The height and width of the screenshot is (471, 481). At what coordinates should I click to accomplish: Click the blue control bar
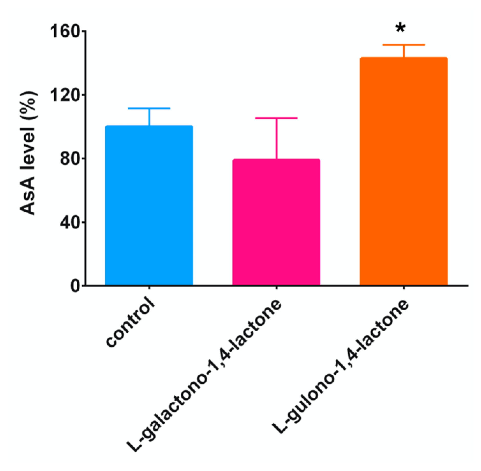click(149, 205)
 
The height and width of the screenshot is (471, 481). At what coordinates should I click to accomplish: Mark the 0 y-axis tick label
click(75, 286)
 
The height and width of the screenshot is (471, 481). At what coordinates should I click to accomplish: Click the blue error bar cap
click(149, 109)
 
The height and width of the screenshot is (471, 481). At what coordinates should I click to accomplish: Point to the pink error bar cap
click(276, 118)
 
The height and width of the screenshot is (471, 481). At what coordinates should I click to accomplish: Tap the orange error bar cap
click(404, 45)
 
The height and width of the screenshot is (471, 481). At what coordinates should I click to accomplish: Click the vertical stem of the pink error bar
click(276, 139)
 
